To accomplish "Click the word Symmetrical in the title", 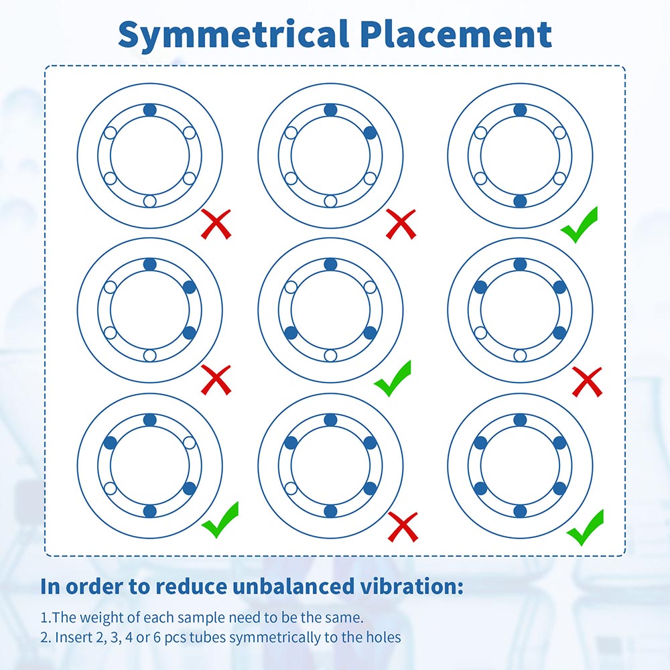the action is (x=234, y=35).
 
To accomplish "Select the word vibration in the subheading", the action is (x=408, y=586).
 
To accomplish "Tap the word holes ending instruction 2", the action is (x=383, y=637).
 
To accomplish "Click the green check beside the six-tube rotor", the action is (x=584, y=528).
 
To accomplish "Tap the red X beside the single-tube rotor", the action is (x=216, y=224).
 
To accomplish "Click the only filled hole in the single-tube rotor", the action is (x=150, y=110).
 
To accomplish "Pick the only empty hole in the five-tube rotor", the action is (x=291, y=488).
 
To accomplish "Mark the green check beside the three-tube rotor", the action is (x=392, y=379).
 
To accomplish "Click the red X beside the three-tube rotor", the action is (x=216, y=379).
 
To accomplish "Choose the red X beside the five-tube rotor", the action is (x=403, y=527).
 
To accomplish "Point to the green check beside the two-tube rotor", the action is (x=579, y=224).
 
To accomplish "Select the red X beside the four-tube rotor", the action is (x=587, y=382).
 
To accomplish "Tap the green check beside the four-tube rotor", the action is (x=220, y=520).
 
